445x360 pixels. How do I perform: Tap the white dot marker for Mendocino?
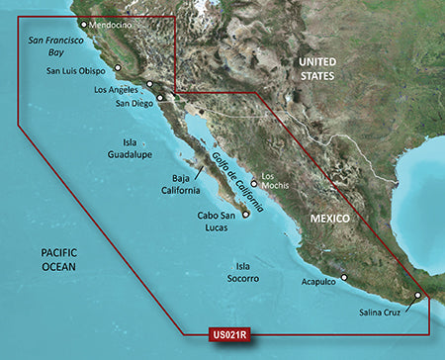pos(83,25)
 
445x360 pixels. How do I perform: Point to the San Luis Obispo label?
pos(80,71)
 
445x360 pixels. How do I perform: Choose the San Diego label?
pos(135,103)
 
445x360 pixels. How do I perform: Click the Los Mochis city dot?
pos(253,183)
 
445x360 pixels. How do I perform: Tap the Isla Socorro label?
pos(239,273)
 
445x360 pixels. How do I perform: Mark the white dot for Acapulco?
pos(344,250)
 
